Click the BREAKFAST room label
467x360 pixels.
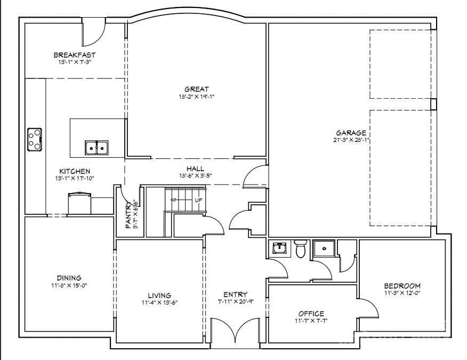[74, 55]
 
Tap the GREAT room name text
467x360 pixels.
[197, 89]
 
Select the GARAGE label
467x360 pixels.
[350, 133]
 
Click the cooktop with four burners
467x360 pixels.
[35, 139]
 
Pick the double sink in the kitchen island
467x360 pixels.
[97, 147]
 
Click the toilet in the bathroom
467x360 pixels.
[301, 249]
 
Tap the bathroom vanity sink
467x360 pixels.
[279, 249]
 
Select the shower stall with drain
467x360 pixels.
[324, 249]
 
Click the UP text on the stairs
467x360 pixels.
[198, 200]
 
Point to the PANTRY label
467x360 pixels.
[128, 215]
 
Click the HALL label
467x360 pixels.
[195, 169]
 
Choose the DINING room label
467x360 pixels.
[69, 278]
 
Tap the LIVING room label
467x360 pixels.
[159, 295]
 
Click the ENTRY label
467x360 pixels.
[235, 294]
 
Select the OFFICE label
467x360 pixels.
[311, 314]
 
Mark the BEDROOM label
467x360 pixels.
[402, 286]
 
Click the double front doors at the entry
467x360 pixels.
[236, 333]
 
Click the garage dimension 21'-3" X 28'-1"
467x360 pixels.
[350, 140]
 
